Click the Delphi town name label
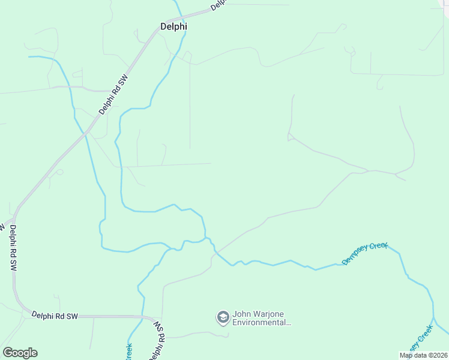(x=173, y=26)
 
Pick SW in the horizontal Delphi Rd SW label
(x=73, y=315)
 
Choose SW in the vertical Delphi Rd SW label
(x=13, y=266)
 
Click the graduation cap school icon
(x=223, y=317)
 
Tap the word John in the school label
(x=241, y=313)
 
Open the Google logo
(x=20, y=353)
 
